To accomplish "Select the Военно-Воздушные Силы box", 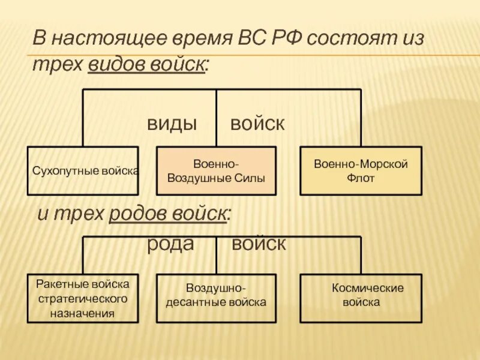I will [216, 170].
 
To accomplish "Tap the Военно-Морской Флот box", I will [361, 170].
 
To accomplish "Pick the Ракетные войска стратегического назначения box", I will [83, 298].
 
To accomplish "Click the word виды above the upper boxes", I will [172, 124].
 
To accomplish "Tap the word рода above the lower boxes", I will [170, 244].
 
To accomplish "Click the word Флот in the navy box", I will [361, 178].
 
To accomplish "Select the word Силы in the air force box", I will [249, 178].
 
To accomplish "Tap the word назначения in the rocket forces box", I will [83, 313].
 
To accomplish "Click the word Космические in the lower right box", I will [368, 289].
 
